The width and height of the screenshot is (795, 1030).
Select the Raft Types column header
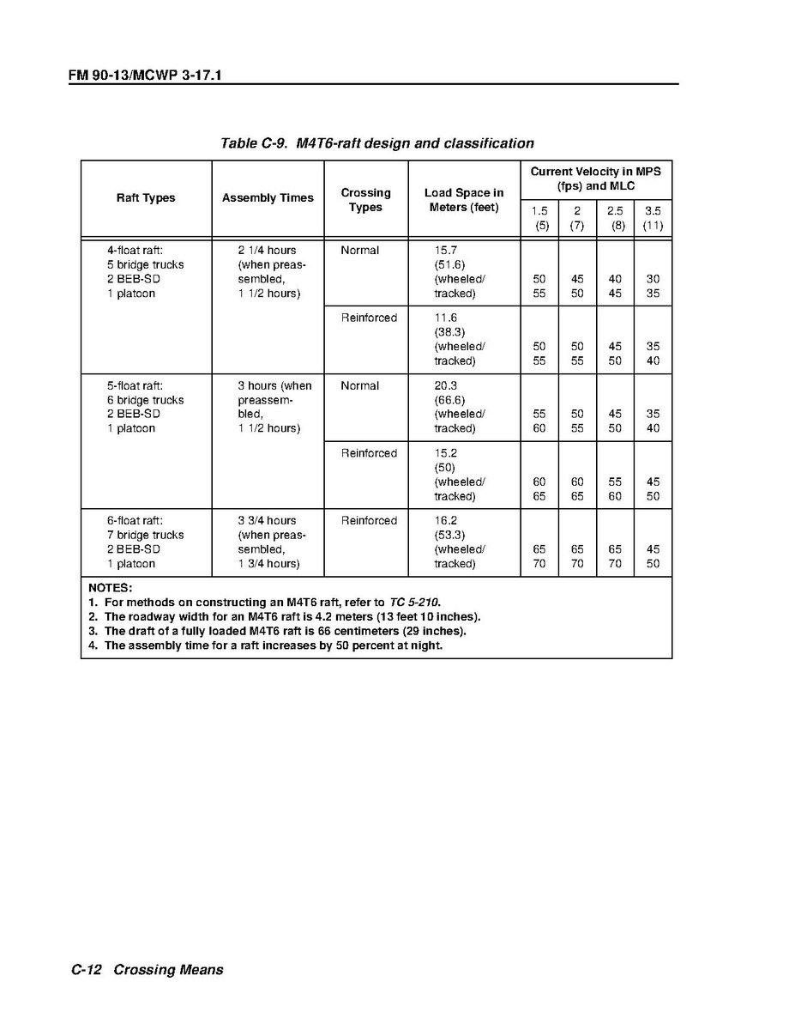pos(146,198)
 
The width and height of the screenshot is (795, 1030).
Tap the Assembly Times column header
pos(268,198)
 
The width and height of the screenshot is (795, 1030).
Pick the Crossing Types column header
pos(365,200)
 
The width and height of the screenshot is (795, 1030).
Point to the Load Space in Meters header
pos(464,200)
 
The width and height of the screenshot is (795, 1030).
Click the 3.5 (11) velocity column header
pos(653,218)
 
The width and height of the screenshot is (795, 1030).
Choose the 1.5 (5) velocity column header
pos(539,218)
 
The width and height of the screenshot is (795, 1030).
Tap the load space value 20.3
pos(446,386)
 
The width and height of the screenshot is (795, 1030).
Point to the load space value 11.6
pos(446,318)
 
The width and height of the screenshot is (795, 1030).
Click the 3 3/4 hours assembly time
pos(267,521)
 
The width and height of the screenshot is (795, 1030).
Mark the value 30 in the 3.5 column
pos(653,280)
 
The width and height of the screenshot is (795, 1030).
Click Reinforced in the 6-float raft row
pos(369,521)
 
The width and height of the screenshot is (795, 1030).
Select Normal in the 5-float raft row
pos(359,386)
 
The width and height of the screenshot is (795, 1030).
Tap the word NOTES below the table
pos(110,588)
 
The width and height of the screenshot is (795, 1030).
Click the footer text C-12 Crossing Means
pos(147,970)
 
